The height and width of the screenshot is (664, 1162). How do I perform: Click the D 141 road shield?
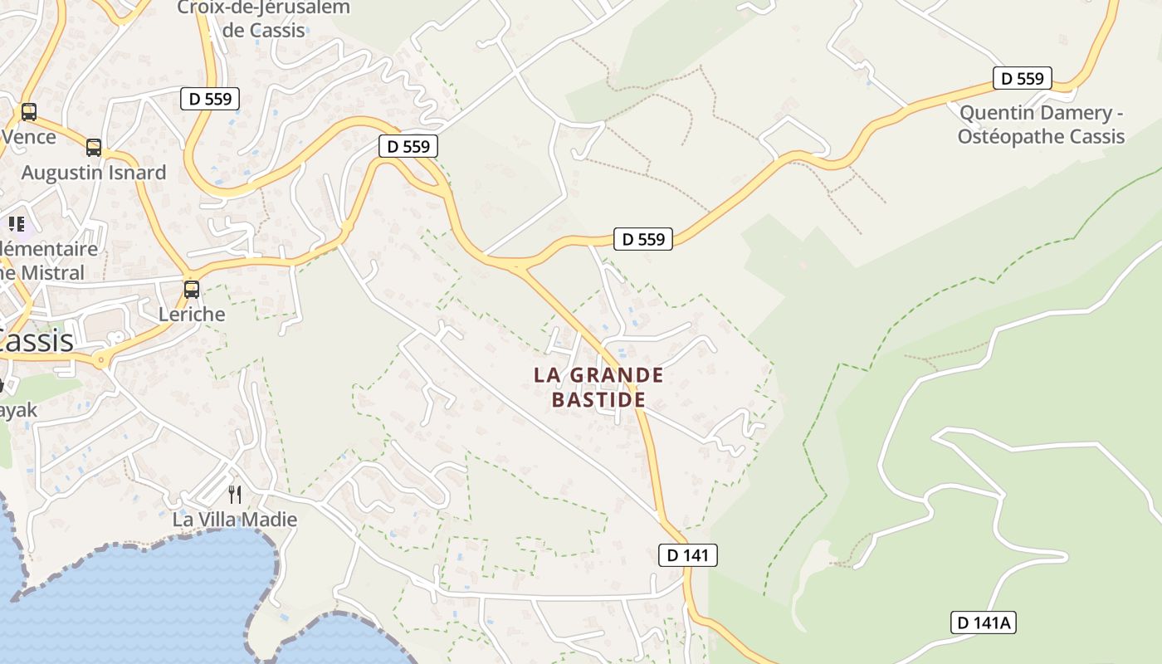pos(687,555)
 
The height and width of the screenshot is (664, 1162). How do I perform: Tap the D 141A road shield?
pos(984,622)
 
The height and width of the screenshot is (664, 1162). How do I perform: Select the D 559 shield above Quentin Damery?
pos(1023,79)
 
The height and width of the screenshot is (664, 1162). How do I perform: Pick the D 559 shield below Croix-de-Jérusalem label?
pos(210,99)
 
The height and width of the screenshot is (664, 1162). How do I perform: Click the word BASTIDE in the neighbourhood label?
pos(598,400)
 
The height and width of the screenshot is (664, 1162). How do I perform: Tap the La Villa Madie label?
pos(235,520)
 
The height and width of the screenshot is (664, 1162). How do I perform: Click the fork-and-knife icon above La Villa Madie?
pos(235,495)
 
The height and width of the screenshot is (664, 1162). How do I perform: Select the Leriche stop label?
pos(192,315)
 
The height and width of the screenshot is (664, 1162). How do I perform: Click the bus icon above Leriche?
pos(192,290)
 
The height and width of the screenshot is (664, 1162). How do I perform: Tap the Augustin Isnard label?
pos(94,173)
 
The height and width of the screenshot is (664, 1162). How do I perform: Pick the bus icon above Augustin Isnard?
pos(94,148)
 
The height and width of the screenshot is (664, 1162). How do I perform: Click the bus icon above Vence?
pos(29,111)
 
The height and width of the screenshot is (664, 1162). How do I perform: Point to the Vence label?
pos(29,136)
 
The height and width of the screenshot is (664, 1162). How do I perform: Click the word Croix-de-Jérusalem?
pos(264,8)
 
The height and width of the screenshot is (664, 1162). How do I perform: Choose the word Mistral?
pos(53,272)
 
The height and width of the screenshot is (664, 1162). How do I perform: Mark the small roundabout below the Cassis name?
pos(101,359)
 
